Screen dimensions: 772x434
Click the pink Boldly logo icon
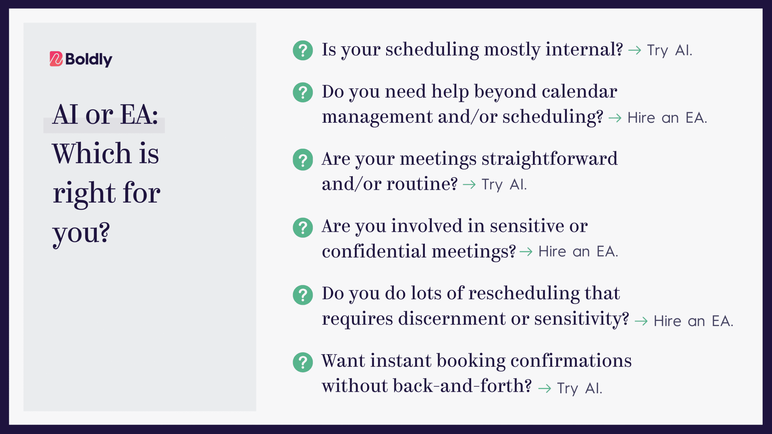[x=56, y=59]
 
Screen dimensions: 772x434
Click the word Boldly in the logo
[x=89, y=59]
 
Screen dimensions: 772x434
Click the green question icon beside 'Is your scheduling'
[x=303, y=50]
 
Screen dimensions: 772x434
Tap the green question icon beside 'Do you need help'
[x=303, y=92]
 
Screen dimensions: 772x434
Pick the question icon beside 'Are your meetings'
[x=303, y=160]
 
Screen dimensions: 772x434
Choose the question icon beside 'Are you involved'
[x=303, y=228]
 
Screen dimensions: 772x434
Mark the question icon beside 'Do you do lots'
[x=303, y=295]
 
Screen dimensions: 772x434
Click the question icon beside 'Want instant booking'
[x=303, y=362]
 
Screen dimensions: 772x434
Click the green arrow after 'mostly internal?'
[x=635, y=50]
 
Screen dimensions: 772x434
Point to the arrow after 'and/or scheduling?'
[x=615, y=118]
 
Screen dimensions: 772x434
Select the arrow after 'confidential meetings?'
[x=526, y=252]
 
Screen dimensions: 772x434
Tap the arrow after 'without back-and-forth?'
[x=545, y=388]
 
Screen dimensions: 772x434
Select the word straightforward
[x=549, y=159]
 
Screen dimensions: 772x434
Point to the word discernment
[x=452, y=319]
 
